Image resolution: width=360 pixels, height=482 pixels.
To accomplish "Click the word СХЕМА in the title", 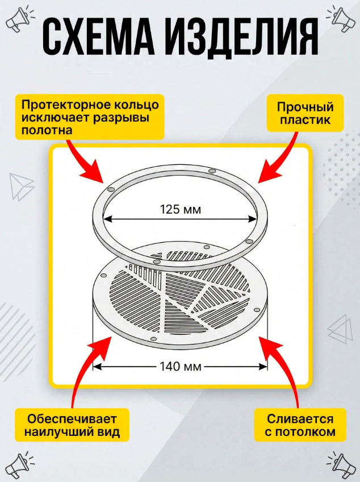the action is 99,39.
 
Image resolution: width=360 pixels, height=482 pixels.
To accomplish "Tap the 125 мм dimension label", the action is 181,209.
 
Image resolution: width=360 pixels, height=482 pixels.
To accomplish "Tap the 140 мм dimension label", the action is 181,367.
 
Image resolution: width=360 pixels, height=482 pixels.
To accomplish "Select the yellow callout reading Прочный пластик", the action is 305,113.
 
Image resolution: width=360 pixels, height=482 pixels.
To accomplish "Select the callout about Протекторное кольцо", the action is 90,117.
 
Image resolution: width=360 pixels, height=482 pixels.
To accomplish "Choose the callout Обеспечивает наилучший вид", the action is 72,425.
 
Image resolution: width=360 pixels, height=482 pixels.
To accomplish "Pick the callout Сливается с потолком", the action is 300,425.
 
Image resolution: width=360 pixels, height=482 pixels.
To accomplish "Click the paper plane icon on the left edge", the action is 21,186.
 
